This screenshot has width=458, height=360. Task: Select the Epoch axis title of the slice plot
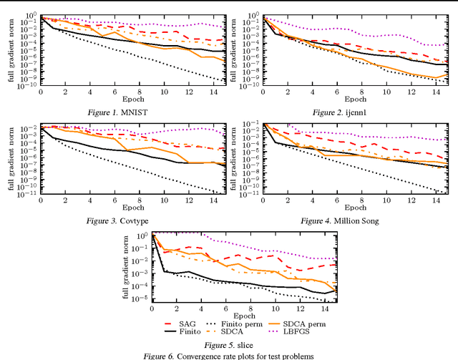pos(243,316)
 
